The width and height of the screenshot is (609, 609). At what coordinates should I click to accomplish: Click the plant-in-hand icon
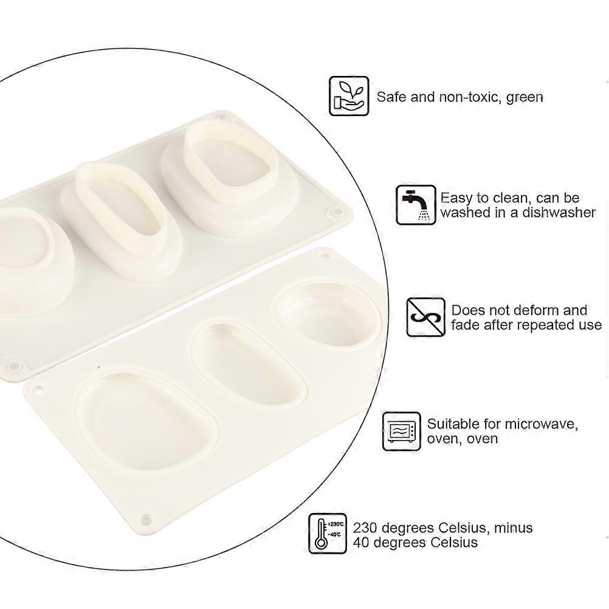click(349, 96)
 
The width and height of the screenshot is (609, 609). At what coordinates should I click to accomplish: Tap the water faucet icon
click(416, 205)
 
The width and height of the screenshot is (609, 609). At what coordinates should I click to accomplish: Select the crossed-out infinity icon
click(425, 317)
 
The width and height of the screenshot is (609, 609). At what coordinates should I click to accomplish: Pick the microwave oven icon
click(402, 431)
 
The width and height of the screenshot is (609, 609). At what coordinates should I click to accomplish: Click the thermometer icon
click(328, 533)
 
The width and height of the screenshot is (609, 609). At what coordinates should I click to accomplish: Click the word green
click(525, 97)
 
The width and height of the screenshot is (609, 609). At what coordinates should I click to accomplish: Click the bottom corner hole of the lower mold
click(146, 519)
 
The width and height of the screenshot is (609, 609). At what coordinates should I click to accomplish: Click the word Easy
click(458, 199)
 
